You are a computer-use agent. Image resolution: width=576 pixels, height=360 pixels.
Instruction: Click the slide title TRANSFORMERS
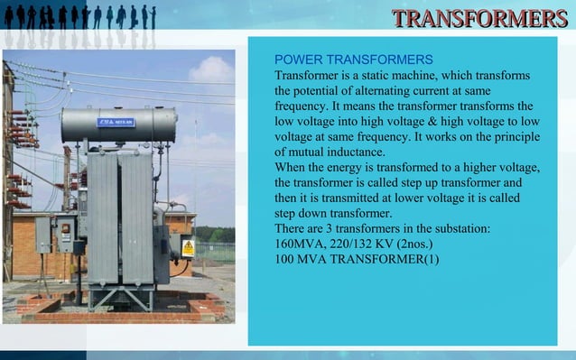pyautogui.click(x=479, y=19)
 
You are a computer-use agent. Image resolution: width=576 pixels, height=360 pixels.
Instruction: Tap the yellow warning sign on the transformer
pyautogui.click(x=188, y=247)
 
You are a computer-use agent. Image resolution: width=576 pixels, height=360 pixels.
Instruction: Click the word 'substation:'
pyautogui.click(x=459, y=229)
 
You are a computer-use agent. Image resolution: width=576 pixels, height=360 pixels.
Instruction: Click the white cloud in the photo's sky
pyautogui.click(x=212, y=69)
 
